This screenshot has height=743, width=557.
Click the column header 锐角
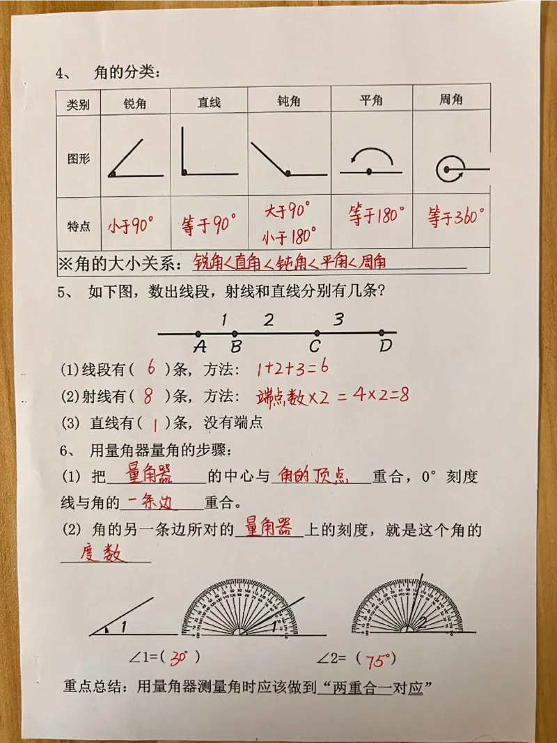[135, 102]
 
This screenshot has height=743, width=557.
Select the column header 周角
[451, 100]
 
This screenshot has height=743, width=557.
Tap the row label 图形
[78, 158]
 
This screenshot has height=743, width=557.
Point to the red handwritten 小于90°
[130, 225]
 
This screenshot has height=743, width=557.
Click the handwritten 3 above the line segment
[338, 320]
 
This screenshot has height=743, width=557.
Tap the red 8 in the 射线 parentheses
[148, 397]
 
